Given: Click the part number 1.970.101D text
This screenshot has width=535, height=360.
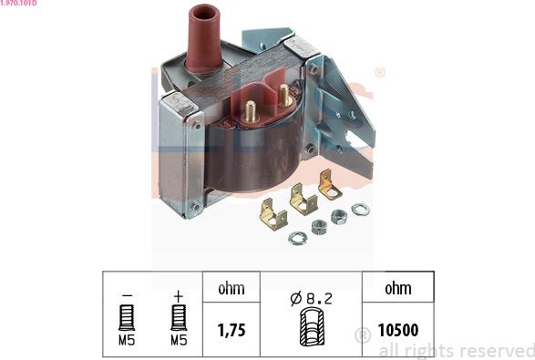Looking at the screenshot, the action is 18,3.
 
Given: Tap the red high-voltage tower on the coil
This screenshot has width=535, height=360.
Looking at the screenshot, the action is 204,38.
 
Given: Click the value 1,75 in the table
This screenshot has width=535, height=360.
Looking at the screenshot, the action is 231,330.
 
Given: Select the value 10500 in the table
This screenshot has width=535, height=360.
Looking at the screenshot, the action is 398,330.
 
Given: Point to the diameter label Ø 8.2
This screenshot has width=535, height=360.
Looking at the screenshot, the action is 311,299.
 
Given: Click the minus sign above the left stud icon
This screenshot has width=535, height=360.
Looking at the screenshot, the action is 127,295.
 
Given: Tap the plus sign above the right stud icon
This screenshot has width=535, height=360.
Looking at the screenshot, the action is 179,296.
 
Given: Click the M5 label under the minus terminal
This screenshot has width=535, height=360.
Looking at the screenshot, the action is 127,340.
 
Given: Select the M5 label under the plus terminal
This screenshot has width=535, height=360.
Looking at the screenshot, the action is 179,340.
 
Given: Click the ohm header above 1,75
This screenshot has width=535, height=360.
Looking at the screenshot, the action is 231,289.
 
